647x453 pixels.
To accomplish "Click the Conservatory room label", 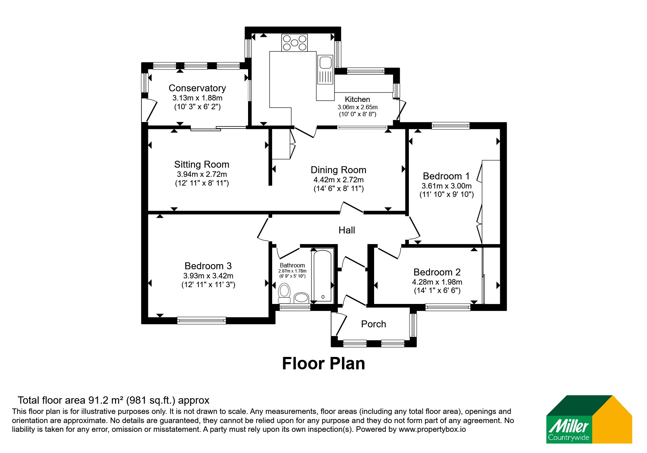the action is tap(197, 88).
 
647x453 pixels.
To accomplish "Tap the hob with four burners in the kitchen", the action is tap(294, 43).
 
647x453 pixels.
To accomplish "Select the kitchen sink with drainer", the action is tap(325, 70).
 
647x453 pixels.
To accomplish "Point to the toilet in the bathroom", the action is tap(284, 294).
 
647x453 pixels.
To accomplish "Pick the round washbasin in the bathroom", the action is tap(301, 297).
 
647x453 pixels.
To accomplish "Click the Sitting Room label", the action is tap(202, 164).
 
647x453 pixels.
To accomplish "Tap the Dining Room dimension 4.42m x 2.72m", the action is tap(339, 180).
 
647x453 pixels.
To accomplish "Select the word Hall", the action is tap(347, 230).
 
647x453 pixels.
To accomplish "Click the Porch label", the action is tap(373, 324).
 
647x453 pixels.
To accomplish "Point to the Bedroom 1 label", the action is tap(446, 176).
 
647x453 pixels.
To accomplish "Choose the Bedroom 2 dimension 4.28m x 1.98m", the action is tap(437, 282).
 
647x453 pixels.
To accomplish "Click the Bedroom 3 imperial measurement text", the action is tap(208, 285).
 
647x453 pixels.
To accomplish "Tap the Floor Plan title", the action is tap(324, 363).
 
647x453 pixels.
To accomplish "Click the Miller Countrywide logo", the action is tap(589, 419).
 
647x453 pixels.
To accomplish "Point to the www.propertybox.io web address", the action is tap(432, 429).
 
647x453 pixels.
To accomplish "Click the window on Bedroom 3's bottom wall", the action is tap(201, 320).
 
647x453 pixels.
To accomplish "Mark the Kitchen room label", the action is tap(357, 99).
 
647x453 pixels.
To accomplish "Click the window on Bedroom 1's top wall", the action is tap(450, 126).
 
